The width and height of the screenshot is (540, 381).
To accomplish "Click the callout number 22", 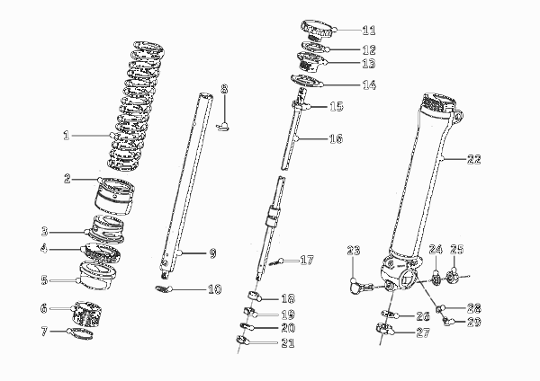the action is pos(474,159).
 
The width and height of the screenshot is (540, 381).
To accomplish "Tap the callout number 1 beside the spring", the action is pos(67,136).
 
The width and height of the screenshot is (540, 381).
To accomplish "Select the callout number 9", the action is pos(212,253).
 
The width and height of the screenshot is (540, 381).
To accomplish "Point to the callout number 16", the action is pos(336,138).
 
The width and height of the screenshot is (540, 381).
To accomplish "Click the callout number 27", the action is pos(423,332).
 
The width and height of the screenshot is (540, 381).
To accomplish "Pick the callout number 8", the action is pos(224,89).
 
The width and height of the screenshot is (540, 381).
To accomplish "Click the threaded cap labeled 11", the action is pos(318,31).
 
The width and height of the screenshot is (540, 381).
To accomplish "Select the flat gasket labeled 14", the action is pos(307,81).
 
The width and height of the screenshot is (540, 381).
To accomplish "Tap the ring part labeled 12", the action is pos(314,47).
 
